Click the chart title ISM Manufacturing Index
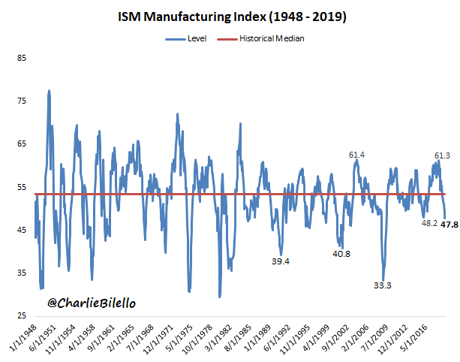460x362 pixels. [x=230, y=14]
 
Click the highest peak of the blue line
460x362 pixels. [x=50, y=91]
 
